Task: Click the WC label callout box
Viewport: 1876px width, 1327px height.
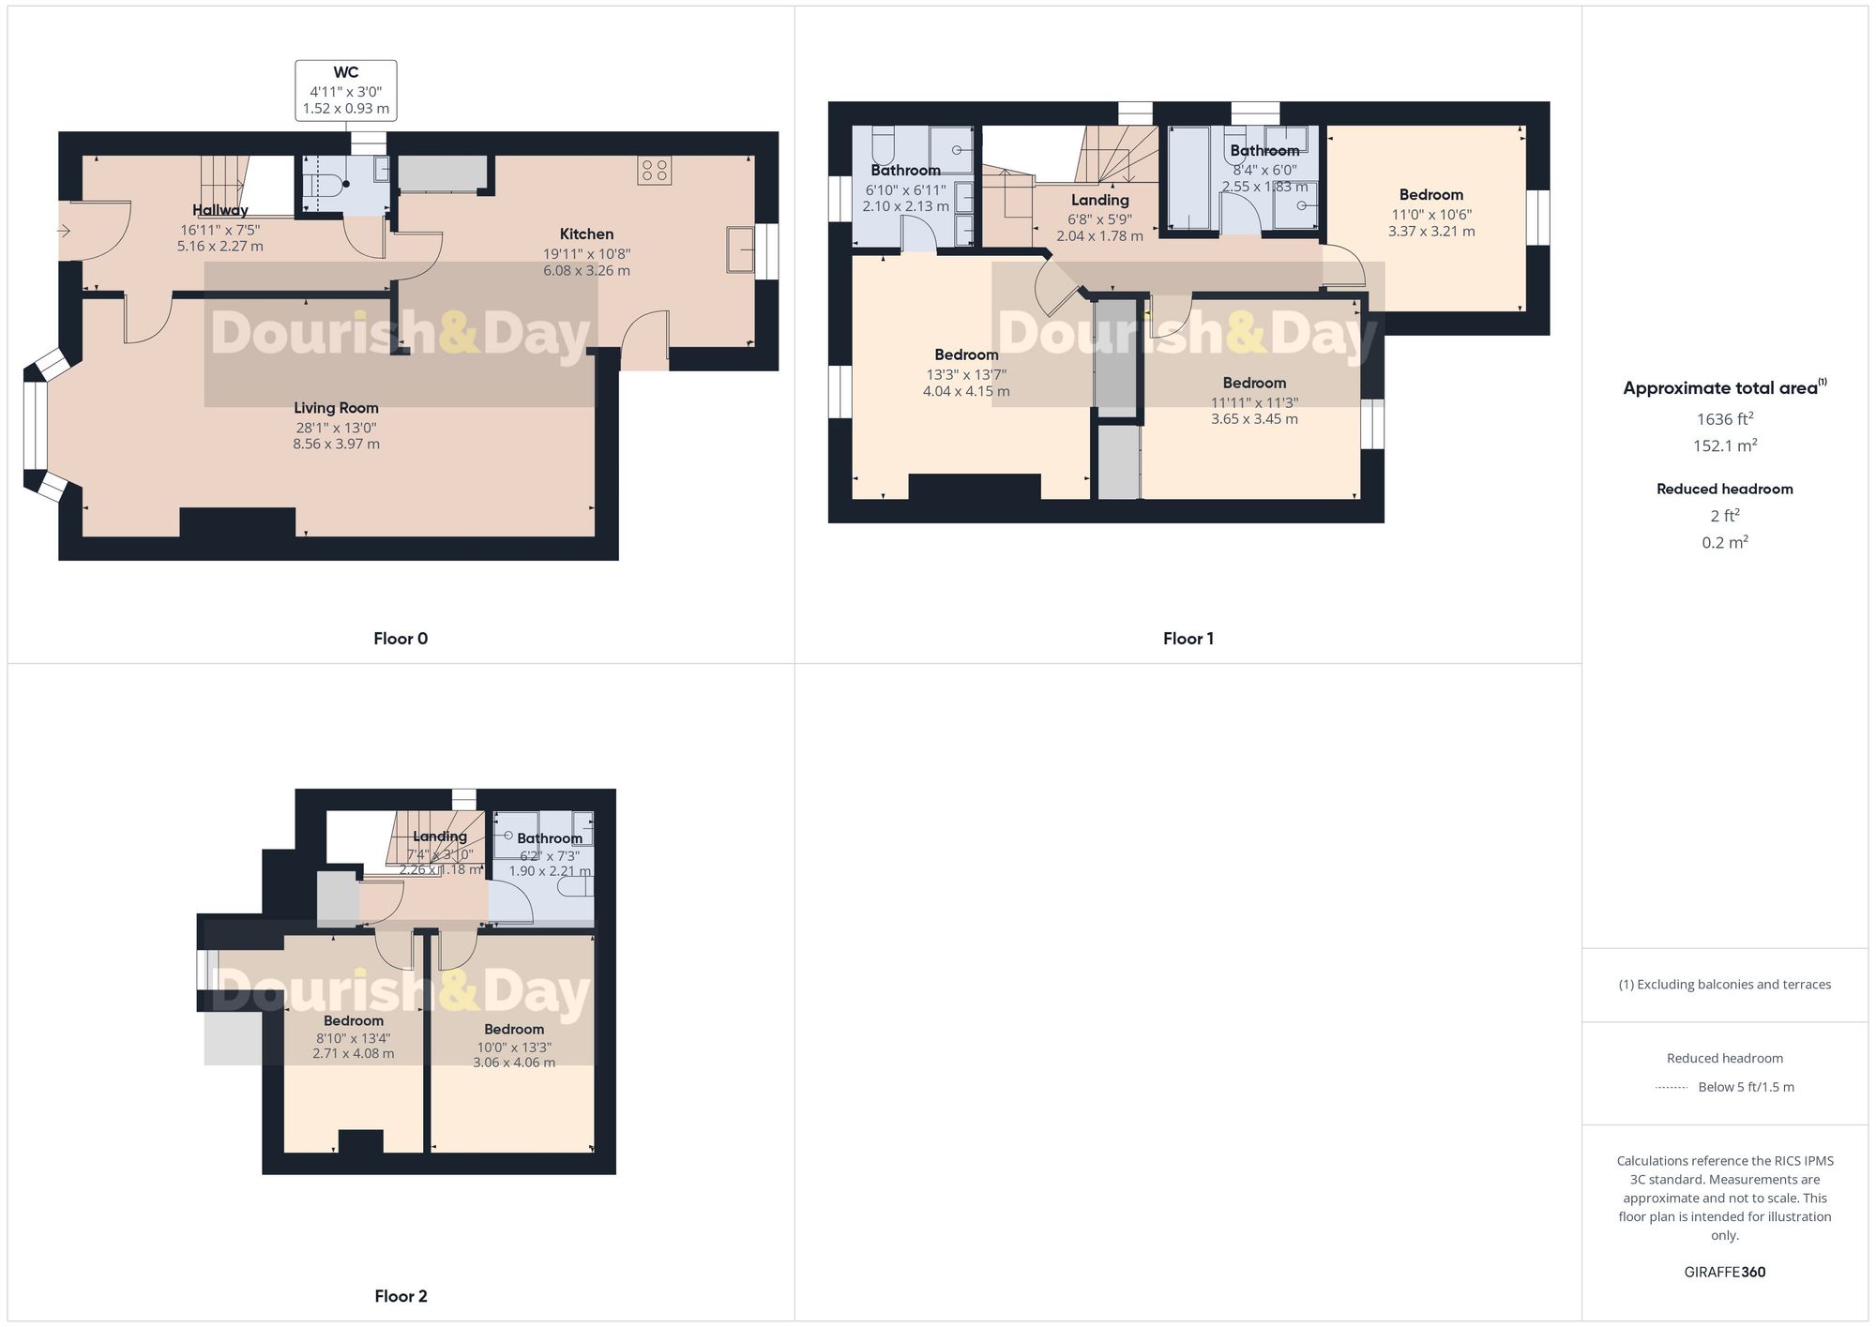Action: (346, 90)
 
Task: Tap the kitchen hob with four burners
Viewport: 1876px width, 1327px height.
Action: (655, 171)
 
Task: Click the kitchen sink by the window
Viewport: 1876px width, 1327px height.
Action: (741, 250)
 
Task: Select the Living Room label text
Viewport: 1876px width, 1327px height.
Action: (336, 408)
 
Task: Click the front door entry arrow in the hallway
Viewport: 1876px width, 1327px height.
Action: (65, 231)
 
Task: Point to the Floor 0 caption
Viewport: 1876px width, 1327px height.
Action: (401, 639)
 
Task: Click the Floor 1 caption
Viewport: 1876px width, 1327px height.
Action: (1188, 639)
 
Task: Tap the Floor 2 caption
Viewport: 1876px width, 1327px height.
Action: (401, 1296)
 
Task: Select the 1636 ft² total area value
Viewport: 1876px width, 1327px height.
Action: (1724, 419)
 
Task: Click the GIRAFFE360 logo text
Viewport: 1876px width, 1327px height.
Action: (1724, 1272)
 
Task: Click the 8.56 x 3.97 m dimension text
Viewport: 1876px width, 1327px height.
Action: (336, 444)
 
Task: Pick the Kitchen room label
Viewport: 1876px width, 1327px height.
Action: (586, 234)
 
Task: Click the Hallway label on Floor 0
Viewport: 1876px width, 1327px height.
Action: (220, 210)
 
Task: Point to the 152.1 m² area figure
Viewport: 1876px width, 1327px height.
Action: (1724, 445)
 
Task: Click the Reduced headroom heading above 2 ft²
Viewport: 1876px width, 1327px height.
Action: (1724, 489)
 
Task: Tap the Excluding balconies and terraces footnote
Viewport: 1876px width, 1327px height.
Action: (1724, 985)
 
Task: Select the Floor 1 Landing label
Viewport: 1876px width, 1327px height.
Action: (1099, 200)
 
